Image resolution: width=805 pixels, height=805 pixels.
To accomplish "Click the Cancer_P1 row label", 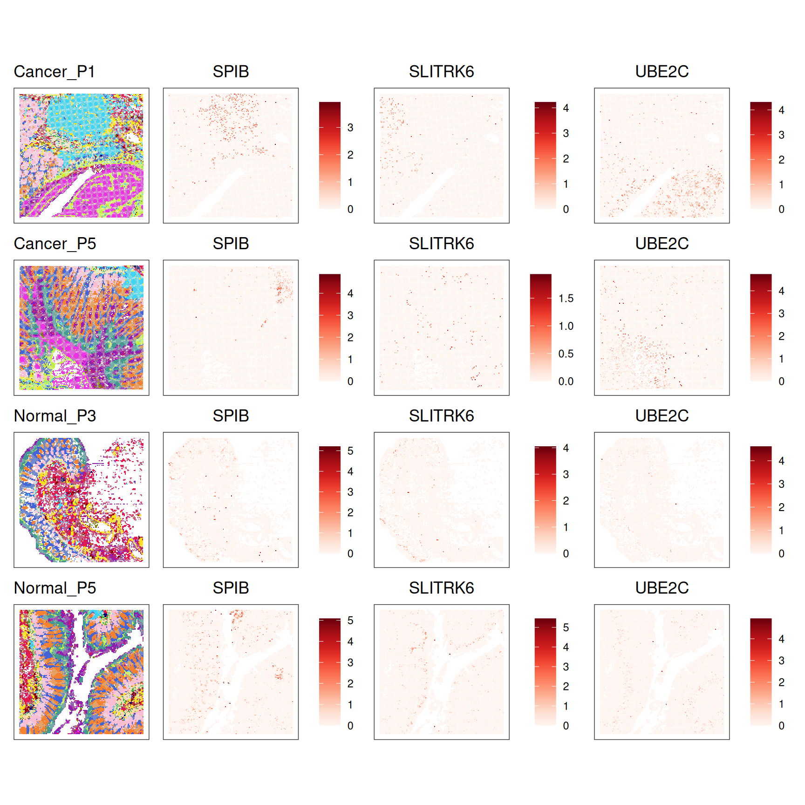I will pyautogui.click(x=55, y=72).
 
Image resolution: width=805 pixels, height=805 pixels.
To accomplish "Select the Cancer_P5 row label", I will pyautogui.click(x=55, y=244).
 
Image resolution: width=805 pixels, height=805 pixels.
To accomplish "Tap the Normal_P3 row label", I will pyautogui.click(x=55, y=416).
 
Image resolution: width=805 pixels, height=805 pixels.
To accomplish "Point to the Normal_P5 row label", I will pyautogui.click(x=55, y=588).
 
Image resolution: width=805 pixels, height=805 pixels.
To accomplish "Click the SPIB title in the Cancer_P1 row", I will pyautogui.click(x=231, y=72).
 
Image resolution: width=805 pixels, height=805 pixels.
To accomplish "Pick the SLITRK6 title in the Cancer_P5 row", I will pyautogui.click(x=441, y=244).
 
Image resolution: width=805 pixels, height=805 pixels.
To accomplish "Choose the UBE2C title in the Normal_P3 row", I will pyautogui.click(x=662, y=416).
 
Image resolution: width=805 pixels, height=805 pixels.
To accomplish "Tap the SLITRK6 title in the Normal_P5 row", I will pyautogui.click(x=441, y=588).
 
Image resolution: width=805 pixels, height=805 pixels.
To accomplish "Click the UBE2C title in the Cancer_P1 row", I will pyautogui.click(x=662, y=72).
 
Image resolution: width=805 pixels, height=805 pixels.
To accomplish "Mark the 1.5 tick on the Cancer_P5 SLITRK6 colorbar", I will pyautogui.click(x=566, y=299).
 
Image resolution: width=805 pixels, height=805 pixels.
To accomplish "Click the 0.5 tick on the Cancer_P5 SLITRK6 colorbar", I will pyautogui.click(x=566, y=354).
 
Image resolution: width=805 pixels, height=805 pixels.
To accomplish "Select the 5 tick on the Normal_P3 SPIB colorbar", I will pyautogui.click(x=350, y=451).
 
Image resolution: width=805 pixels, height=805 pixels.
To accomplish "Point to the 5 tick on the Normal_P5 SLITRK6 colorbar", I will pyautogui.click(x=566, y=628).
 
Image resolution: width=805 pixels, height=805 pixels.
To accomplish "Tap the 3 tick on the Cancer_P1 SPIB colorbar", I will pyautogui.click(x=350, y=128).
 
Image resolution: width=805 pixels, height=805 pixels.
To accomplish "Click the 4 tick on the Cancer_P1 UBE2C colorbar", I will pyautogui.click(x=781, y=110).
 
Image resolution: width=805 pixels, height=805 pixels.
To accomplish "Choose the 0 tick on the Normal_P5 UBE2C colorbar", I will pyautogui.click(x=781, y=726).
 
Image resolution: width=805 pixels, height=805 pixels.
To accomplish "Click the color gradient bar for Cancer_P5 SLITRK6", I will pyautogui.click(x=540, y=327).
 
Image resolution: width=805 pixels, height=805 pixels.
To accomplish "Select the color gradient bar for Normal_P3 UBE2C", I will pyautogui.click(x=761, y=500).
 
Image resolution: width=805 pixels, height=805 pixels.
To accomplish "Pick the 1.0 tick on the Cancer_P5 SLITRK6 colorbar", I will pyautogui.click(x=566, y=326).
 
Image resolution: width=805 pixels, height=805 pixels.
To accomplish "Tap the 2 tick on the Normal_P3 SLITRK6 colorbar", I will pyautogui.click(x=566, y=501).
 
